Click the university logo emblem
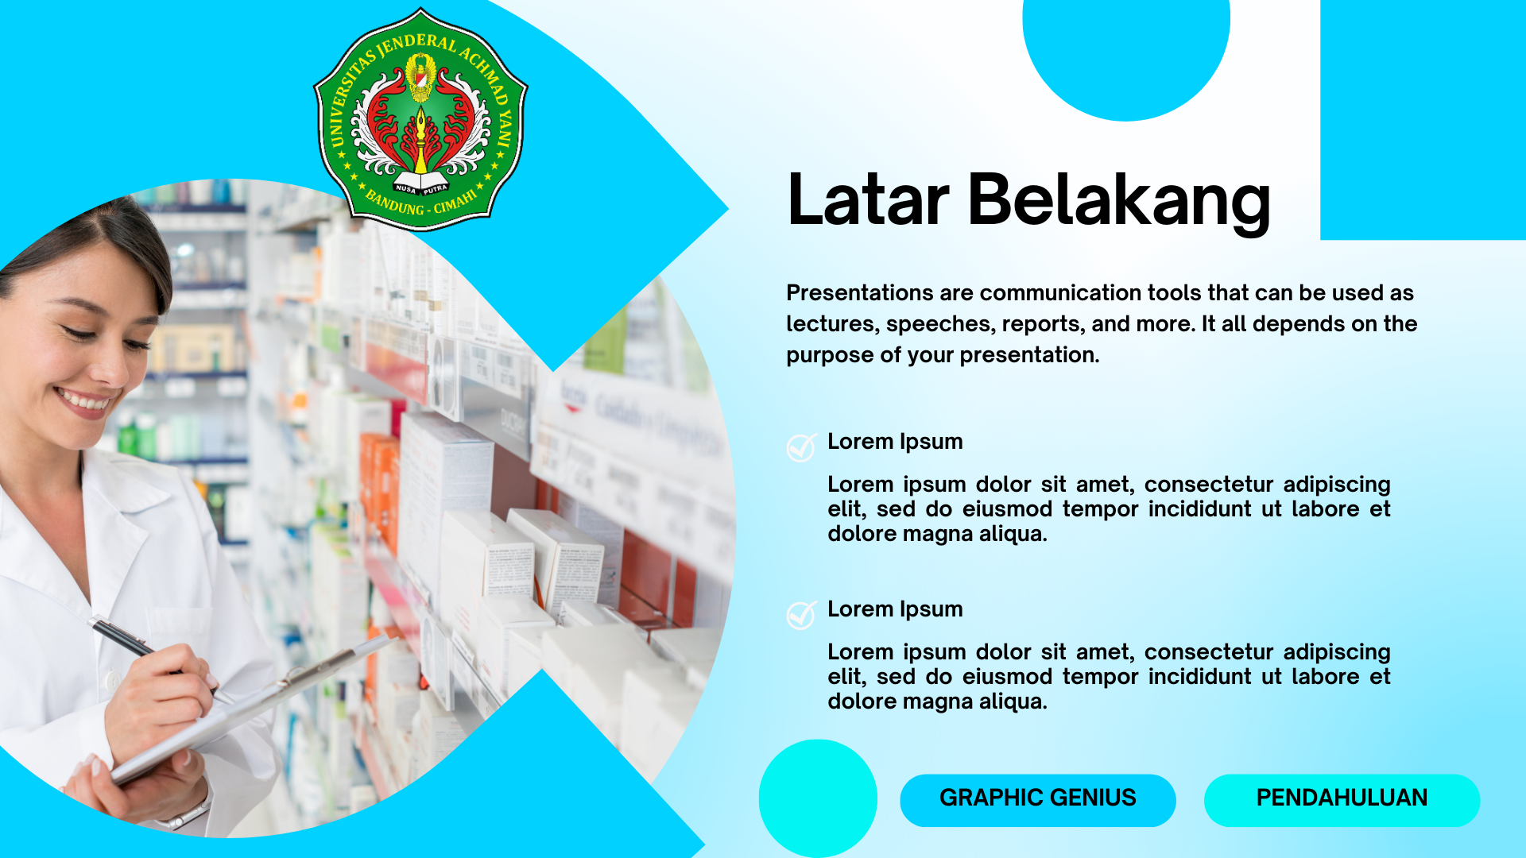[x=420, y=119]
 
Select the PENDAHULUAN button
[x=1342, y=798]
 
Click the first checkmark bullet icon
[x=801, y=447]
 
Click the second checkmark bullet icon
[x=801, y=615]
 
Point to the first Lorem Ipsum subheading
[x=895, y=442]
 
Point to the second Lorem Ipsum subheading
[x=895, y=609]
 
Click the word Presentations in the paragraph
[x=859, y=293]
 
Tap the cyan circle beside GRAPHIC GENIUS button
[x=818, y=798]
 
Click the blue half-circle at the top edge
[x=1125, y=48]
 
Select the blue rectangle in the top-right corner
[x=1423, y=119]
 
